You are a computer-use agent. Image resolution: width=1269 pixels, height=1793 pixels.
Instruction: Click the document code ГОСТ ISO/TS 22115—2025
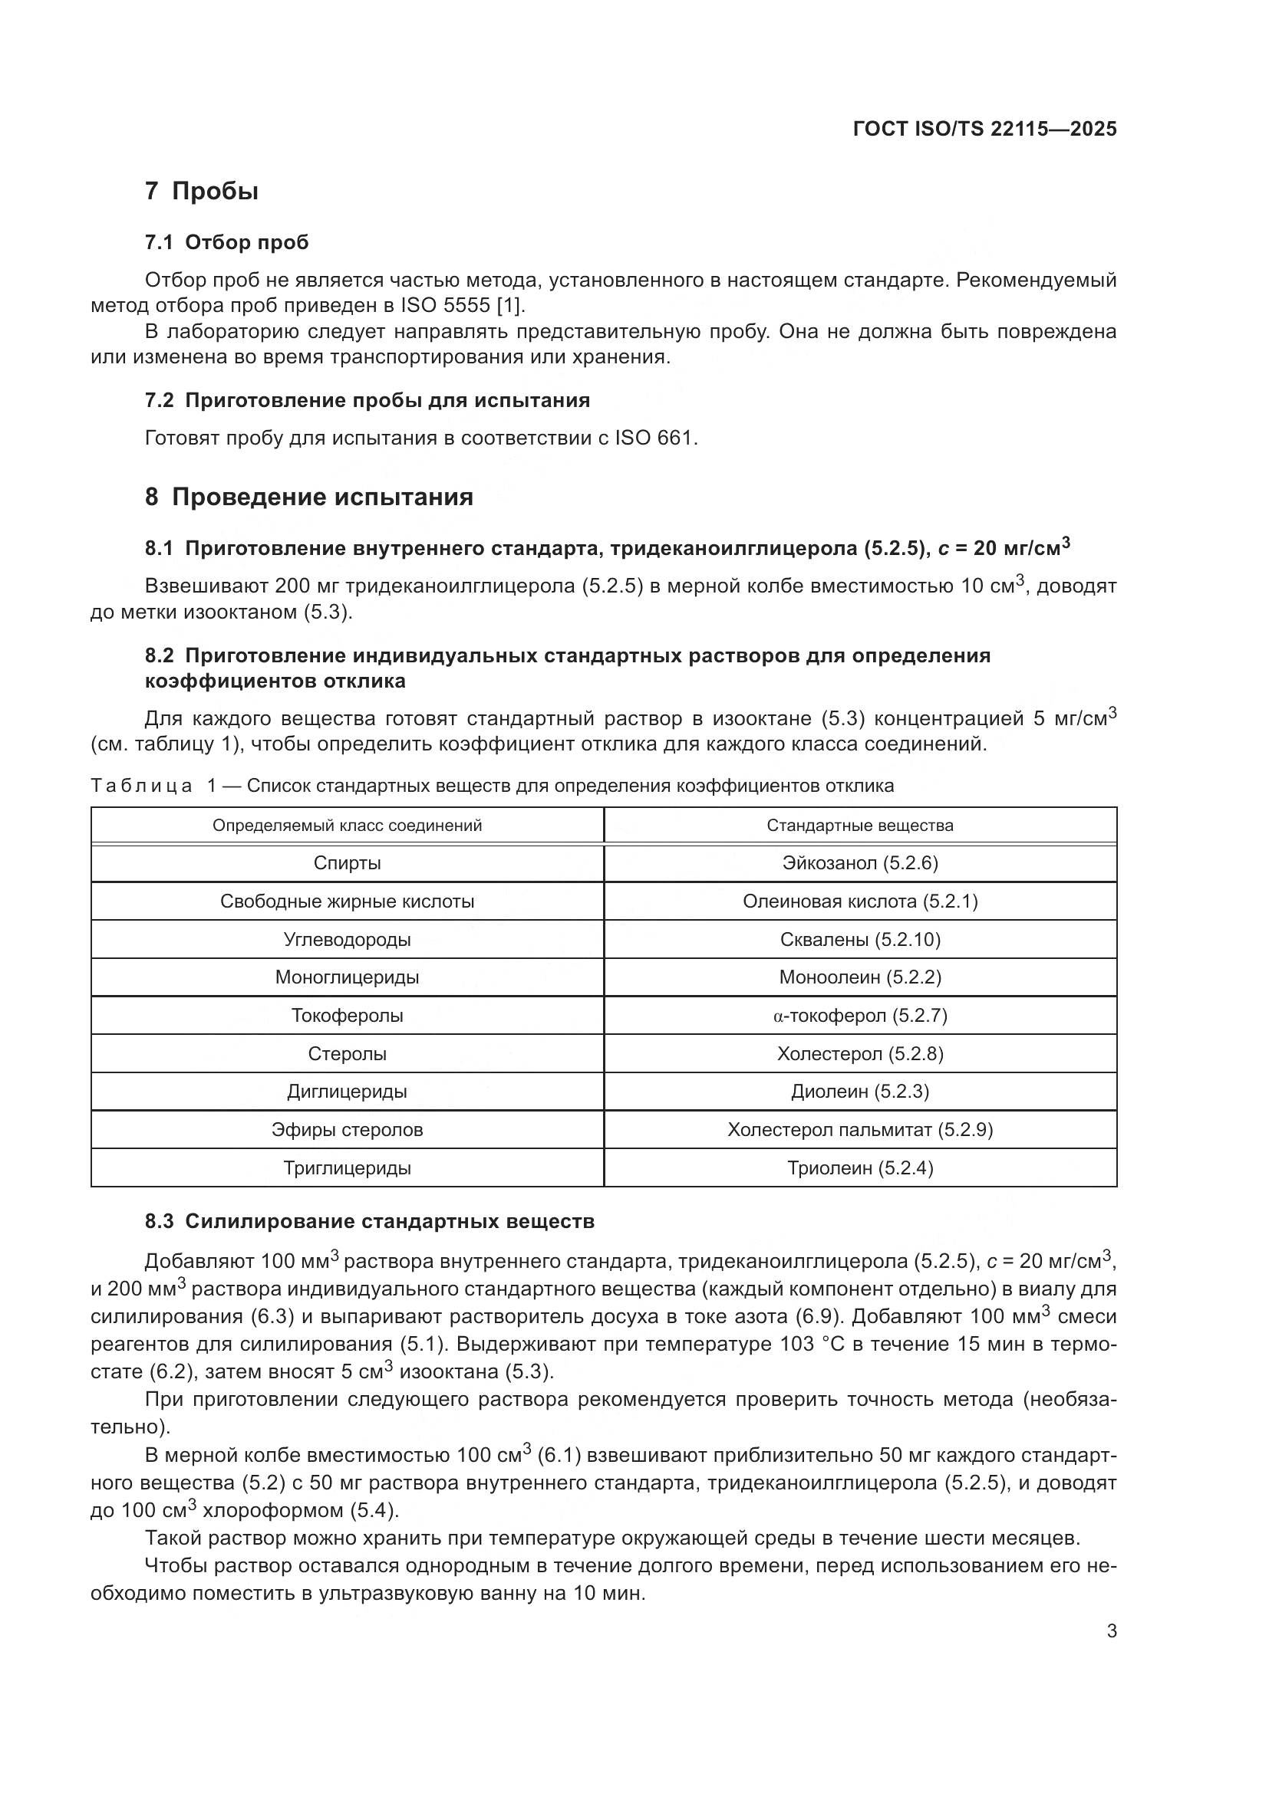[x=984, y=129]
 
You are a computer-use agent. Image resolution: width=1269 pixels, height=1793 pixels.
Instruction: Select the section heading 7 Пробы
[x=202, y=191]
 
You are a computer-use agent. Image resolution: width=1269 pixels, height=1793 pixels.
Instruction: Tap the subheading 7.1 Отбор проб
[x=226, y=242]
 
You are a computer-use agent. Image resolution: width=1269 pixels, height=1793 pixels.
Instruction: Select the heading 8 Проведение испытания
[x=308, y=497]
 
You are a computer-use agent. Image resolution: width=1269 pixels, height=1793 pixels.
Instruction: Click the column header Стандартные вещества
[x=859, y=826]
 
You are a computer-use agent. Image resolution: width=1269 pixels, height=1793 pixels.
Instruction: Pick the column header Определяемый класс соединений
[x=347, y=826]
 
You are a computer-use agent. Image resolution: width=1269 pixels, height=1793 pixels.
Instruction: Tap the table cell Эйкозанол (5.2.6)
[x=859, y=863]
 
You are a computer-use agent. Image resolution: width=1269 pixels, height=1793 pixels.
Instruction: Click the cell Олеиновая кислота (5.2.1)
[x=859, y=901]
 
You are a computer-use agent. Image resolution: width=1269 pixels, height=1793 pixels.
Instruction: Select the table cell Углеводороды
[x=347, y=940]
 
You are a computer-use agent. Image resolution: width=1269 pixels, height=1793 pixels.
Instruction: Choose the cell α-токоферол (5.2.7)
[x=859, y=1015]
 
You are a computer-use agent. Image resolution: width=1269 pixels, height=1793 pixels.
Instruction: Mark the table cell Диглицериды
[x=347, y=1091]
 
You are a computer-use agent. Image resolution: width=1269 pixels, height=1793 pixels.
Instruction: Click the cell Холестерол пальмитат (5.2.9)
[x=859, y=1129]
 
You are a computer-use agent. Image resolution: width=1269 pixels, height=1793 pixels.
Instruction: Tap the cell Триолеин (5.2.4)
[x=859, y=1168]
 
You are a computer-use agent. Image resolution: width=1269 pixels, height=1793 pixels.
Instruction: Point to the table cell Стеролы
[x=347, y=1053]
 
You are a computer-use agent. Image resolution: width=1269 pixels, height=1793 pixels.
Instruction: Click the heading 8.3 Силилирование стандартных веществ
[x=369, y=1221]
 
